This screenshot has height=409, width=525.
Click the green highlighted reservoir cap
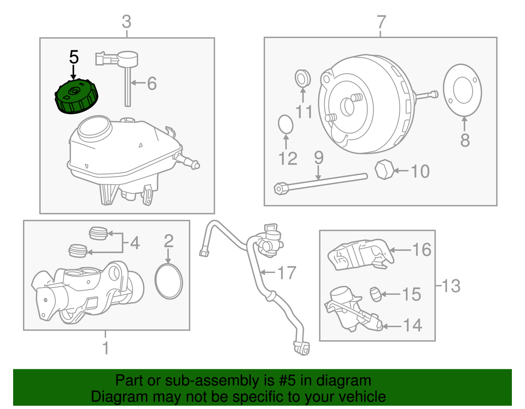click(76, 96)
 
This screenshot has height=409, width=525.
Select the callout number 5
click(74, 57)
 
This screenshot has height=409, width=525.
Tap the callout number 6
click(152, 84)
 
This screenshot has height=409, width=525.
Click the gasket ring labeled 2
click(169, 281)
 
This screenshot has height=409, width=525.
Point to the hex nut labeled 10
click(384, 169)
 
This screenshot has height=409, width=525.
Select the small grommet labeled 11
click(303, 78)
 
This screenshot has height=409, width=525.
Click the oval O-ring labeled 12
click(285, 124)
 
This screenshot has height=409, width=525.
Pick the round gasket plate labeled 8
click(462, 90)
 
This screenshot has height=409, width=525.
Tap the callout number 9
click(319, 158)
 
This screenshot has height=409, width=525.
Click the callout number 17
click(287, 273)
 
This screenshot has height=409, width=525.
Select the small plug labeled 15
click(375, 294)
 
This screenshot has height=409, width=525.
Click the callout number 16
click(422, 249)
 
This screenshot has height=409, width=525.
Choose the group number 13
click(451, 286)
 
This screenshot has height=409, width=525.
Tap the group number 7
click(381, 22)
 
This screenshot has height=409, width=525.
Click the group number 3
click(127, 21)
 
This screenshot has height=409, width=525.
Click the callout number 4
click(135, 242)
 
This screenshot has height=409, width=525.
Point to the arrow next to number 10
click(401, 171)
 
